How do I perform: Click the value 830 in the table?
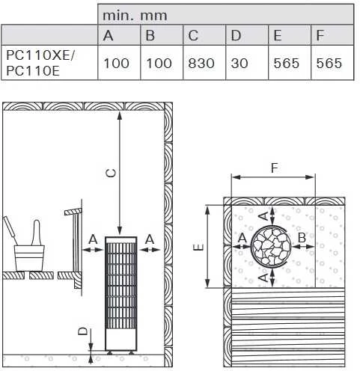(201, 63)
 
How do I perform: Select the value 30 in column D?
(240, 63)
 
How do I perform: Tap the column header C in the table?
(193, 35)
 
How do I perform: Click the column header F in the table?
(320, 35)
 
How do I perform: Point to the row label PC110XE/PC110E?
(40, 63)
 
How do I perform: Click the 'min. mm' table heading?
(135, 16)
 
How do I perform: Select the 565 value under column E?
(286, 63)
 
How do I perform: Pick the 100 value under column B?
(159, 63)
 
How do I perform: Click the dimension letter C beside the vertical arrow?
(111, 173)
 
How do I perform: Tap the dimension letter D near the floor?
(83, 331)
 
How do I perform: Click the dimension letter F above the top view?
(275, 168)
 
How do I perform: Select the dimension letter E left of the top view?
(199, 247)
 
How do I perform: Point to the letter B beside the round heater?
(302, 238)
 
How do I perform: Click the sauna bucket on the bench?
(29, 258)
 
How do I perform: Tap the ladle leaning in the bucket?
(10, 230)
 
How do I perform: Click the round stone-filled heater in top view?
(271, 246)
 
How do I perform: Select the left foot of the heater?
(109, 352)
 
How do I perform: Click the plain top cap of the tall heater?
(121, 240)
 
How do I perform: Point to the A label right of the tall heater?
(150, 239)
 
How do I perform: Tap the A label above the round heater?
(264, 216)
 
